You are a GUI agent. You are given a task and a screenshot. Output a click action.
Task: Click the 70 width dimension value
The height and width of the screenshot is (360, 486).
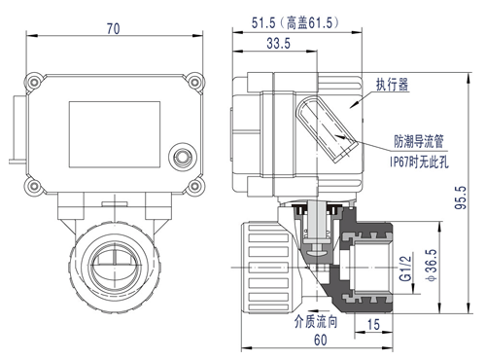click(114, 29)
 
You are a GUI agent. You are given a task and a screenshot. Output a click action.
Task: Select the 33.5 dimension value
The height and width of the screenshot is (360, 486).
click(278, 43)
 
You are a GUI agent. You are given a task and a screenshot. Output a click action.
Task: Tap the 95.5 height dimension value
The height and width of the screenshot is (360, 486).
click(461, 198)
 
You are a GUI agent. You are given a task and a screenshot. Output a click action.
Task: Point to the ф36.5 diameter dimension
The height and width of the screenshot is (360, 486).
click(433, 265)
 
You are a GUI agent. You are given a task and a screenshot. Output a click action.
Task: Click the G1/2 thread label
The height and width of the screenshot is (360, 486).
click(405, 269)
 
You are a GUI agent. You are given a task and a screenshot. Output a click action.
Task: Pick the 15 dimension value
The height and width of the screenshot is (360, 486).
click(373, 324)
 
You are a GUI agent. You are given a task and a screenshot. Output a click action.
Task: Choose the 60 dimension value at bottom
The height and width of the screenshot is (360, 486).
click(321, 340)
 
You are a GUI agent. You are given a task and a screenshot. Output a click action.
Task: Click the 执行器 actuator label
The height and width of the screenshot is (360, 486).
click(392, 85)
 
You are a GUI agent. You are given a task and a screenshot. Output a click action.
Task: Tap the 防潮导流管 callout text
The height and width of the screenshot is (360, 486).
click(419, 141)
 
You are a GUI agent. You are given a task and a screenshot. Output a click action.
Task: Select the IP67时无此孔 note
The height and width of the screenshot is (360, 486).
click(419, 162)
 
